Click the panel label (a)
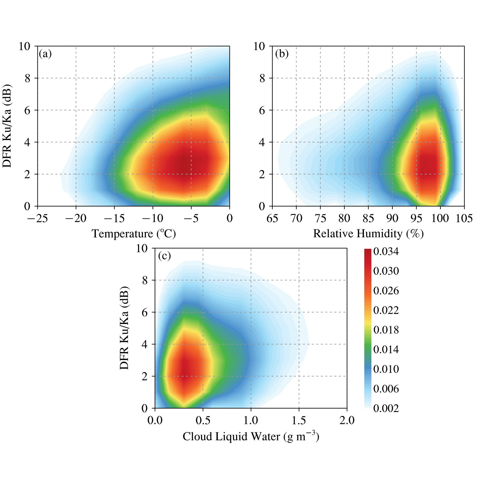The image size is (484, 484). click(x=45, y=54)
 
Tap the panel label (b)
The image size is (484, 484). click(x=282, y=54)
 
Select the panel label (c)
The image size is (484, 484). click(x=164, y=256)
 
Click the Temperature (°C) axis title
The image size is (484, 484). click(x=134, y=234)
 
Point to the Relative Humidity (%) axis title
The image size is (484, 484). click(x=368, y=234)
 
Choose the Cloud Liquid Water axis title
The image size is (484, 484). click(x=251, y=437)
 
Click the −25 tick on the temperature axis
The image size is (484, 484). click(x=37, y=218)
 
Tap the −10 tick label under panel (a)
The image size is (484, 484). click(x=153, y=218)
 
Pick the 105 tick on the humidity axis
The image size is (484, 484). click(x=464, y=218)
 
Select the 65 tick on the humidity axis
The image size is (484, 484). click(x=272, y=218)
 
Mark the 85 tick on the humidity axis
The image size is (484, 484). click(x=368, y=218)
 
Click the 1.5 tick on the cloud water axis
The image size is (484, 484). click(x=299, y=420)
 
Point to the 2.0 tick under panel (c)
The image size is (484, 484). click(x=347, y=420)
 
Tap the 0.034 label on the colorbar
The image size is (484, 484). click(x=386, y=252)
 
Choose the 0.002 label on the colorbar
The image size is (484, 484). click(x=386, y=408)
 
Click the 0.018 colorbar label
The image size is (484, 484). click(x=386, y=330)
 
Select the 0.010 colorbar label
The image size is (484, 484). click(x=386, y=369)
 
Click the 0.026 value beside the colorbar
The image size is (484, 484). click(x=386, y=291)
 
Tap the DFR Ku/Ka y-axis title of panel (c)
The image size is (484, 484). click(x=124, y=328)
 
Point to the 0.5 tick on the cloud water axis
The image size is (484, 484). click(x=203, y=420)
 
